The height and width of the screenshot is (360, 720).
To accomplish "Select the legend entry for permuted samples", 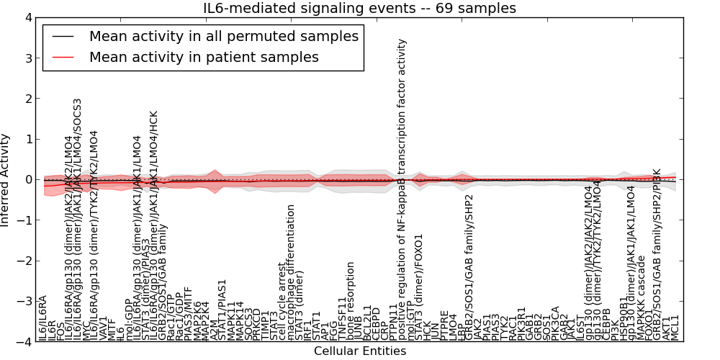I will point(224,36).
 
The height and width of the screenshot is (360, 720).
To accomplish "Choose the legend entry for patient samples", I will point(204,57).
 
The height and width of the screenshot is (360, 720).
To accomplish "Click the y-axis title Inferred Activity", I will point(6,179).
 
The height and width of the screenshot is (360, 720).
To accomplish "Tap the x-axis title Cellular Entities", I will point(360,351).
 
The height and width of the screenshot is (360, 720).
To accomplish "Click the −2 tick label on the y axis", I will point(27,261).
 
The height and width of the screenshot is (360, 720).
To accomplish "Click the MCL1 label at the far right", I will point(675,328).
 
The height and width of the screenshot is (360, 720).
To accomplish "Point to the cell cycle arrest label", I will point(282,300).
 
